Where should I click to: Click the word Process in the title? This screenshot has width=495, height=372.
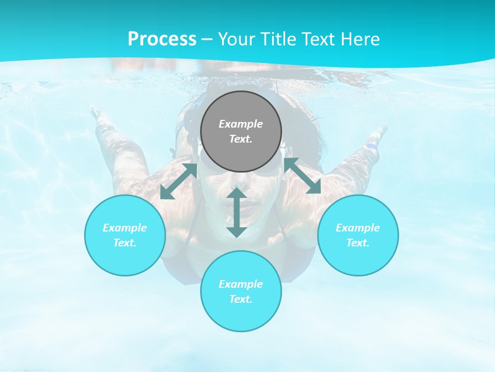click(162, 39)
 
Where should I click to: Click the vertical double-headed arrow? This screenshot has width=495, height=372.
click(237, 212)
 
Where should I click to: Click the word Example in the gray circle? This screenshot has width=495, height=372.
click(241, 124)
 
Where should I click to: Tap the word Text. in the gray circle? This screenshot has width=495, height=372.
click(241, 139)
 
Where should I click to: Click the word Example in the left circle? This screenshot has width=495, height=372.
click(125, 228)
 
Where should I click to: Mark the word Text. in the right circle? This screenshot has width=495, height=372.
click(358, 243)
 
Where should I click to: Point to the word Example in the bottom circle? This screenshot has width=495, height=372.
click(241, 284)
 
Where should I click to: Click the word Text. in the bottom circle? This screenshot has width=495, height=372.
click(241, 299)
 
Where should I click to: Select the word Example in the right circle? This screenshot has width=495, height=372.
click(358, 228)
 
